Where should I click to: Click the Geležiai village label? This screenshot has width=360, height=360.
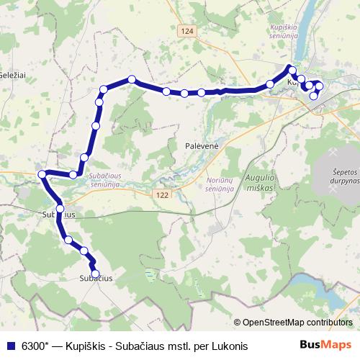[x=12, y=75]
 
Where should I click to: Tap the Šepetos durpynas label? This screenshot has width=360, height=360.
[x=336, y=176]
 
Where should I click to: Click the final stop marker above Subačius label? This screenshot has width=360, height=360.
[x=95, y=273]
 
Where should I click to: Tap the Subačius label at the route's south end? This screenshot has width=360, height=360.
[x=95, y=278]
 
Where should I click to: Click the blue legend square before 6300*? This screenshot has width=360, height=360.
[x=10, y=346]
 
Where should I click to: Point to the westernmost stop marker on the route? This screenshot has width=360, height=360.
[x=42, y=174]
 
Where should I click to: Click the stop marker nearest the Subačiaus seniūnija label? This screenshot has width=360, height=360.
[x=73, y=174]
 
